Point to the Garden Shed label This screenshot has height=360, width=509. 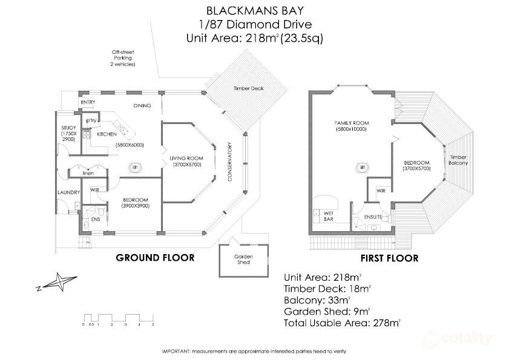click(243, 258)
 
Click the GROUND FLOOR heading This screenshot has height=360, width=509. click(155, 258)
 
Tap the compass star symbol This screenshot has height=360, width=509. click(59, 283)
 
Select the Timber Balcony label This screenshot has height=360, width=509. click(458, 160)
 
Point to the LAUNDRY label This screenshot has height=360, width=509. click(69, 192)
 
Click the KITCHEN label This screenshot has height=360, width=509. click(106, 134)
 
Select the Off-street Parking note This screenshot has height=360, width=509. click(122, 58)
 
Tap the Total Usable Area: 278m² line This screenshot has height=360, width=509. click(342, 323)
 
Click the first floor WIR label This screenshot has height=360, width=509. click(380, 191)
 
